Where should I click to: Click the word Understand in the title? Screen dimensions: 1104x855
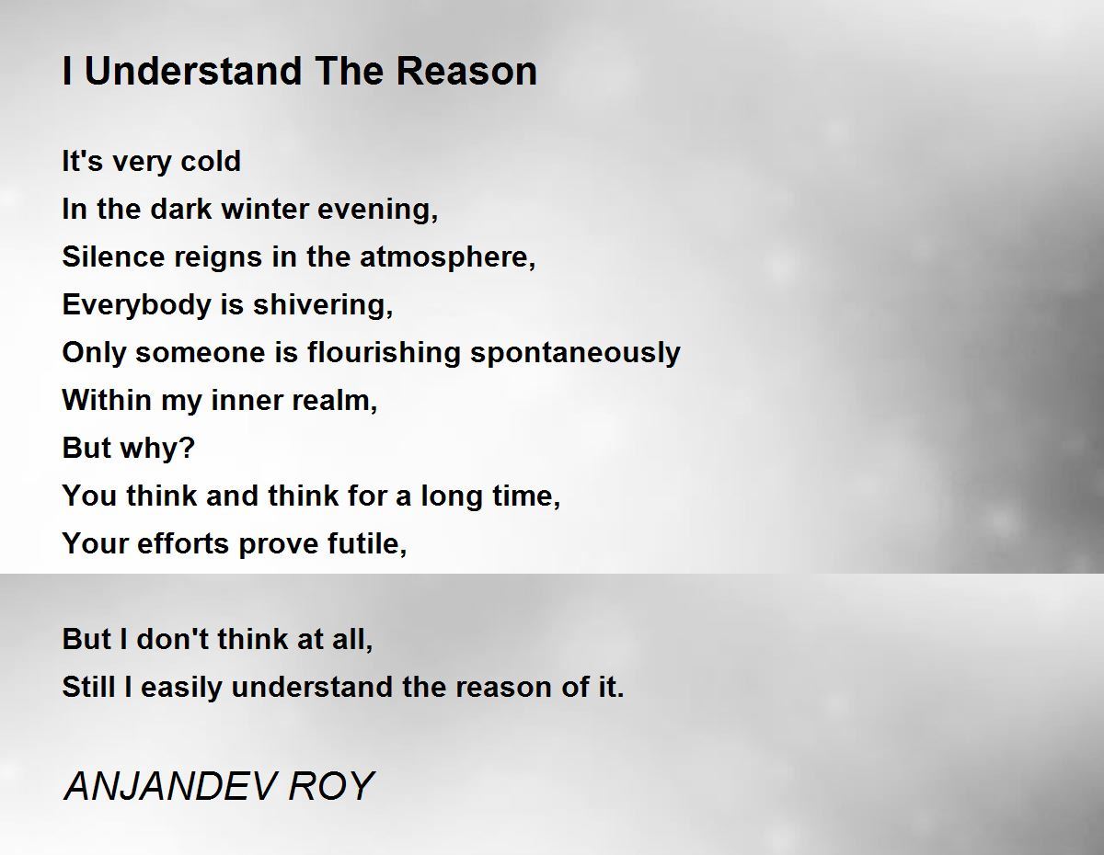pos(193,71)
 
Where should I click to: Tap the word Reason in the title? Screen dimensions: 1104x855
pos(466,71)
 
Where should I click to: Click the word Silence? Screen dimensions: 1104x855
pos(113,256)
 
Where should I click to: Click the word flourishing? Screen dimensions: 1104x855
pos(384,353)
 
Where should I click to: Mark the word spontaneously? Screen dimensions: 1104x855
pos(575,353)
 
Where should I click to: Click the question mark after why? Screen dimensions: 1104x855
pos(187,448)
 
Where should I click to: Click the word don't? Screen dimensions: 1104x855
pos(173,639)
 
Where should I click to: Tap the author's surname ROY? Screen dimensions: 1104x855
pos(331,786)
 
